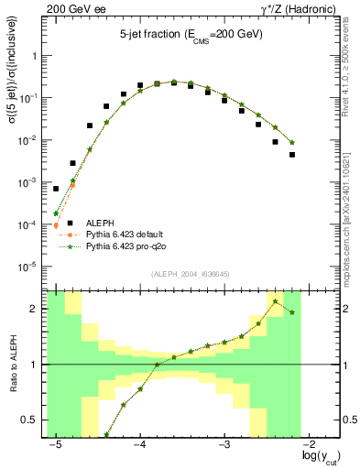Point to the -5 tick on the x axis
(56, 442)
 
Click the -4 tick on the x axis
(140, 442)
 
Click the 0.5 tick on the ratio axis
(35, 420)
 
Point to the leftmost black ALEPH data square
(56, 189)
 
